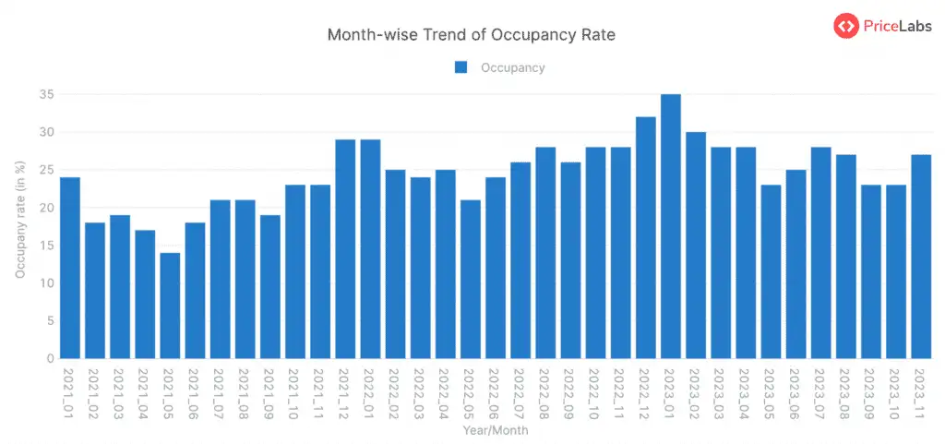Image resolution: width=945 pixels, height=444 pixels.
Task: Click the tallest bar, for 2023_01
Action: (x=671, y=226)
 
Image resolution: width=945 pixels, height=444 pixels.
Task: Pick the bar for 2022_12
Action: (x=646, y=237)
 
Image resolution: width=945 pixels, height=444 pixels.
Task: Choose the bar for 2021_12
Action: (x=345, y=249)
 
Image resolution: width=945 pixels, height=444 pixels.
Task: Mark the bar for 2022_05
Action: (x=471, y=279)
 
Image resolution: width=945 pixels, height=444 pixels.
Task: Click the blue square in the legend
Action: (x=461, y=67)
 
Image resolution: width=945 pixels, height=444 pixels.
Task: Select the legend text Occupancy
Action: (x=512, y=67)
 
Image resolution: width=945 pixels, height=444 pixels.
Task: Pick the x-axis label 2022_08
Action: (x=544, y=395)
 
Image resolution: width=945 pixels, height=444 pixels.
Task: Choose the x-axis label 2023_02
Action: (x=695, y=395)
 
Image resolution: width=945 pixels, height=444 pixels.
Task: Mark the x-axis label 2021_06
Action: (x=194, y=395)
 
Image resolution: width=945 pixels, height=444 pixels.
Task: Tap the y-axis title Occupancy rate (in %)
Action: (x=19, y=217)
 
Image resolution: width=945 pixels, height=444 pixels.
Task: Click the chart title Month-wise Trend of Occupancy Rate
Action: (x=472, y=35)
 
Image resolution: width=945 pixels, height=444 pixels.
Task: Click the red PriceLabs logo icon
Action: (x=846, y=26)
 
